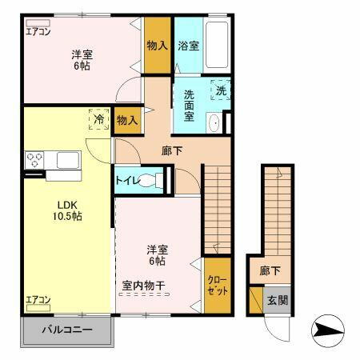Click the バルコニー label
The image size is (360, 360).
66,330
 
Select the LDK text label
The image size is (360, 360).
66,205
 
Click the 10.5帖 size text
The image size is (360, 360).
66,217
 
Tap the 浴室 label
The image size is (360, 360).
189,46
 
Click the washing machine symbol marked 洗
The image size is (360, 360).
220,91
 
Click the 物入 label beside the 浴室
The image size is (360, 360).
157,46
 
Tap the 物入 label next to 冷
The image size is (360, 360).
127,120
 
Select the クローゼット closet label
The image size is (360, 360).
217,286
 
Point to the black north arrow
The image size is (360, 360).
327,328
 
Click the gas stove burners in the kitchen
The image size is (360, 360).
35,159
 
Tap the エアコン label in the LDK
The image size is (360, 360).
38,300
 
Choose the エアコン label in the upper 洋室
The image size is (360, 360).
38,32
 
